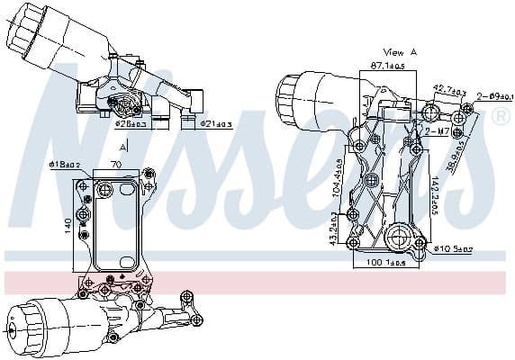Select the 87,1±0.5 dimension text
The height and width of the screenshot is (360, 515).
[x=388, y=66]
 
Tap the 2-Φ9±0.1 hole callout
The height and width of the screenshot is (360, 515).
[x=495, y=95]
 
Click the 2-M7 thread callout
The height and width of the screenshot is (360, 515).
[x=438, y=131]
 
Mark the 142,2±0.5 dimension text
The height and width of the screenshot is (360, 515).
[x=460, y=196]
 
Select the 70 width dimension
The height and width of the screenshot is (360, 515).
[x=116, y=165]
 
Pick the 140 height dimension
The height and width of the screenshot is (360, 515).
[x=67, y=222]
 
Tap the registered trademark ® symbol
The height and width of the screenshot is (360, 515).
[x=501, y=117]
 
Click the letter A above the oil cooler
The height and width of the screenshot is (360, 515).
[x=123, y=144]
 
